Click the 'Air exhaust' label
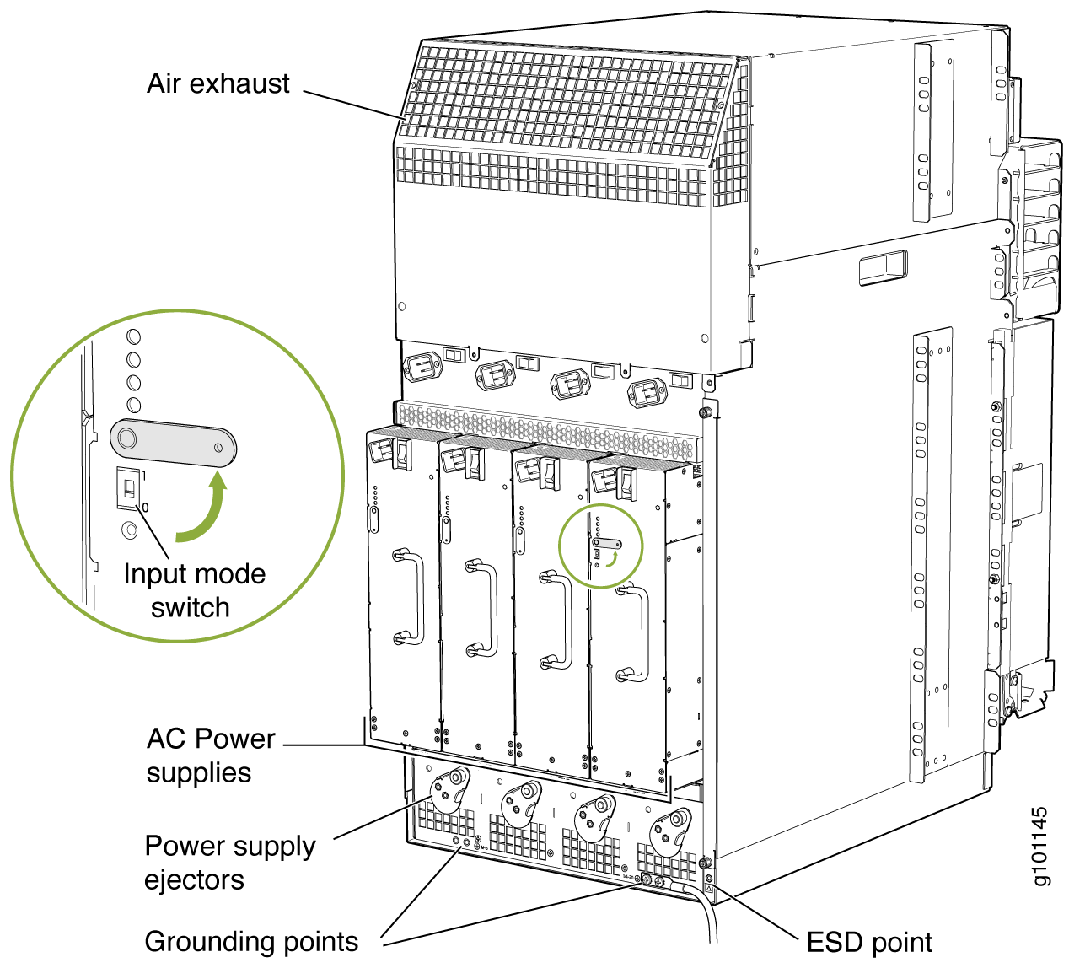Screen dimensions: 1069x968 coord(218,83)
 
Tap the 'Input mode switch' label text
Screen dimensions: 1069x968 coord(194,590)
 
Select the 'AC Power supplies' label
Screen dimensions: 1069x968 coord(211,756)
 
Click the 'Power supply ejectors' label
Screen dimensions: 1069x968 coord(229,862)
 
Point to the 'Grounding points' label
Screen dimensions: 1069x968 coord(251,941)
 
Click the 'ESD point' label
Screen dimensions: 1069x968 coord(869,942)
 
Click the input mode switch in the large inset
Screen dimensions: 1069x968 coord(129,487)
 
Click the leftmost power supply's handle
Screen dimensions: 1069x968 coord(409,597)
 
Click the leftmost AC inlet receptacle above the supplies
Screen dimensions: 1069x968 coord(422,368)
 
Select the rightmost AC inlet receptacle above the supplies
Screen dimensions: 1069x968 coord(647,394)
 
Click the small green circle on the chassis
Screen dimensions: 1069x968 coord(600,546)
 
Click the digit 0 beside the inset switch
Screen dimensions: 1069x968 coord(145,507)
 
